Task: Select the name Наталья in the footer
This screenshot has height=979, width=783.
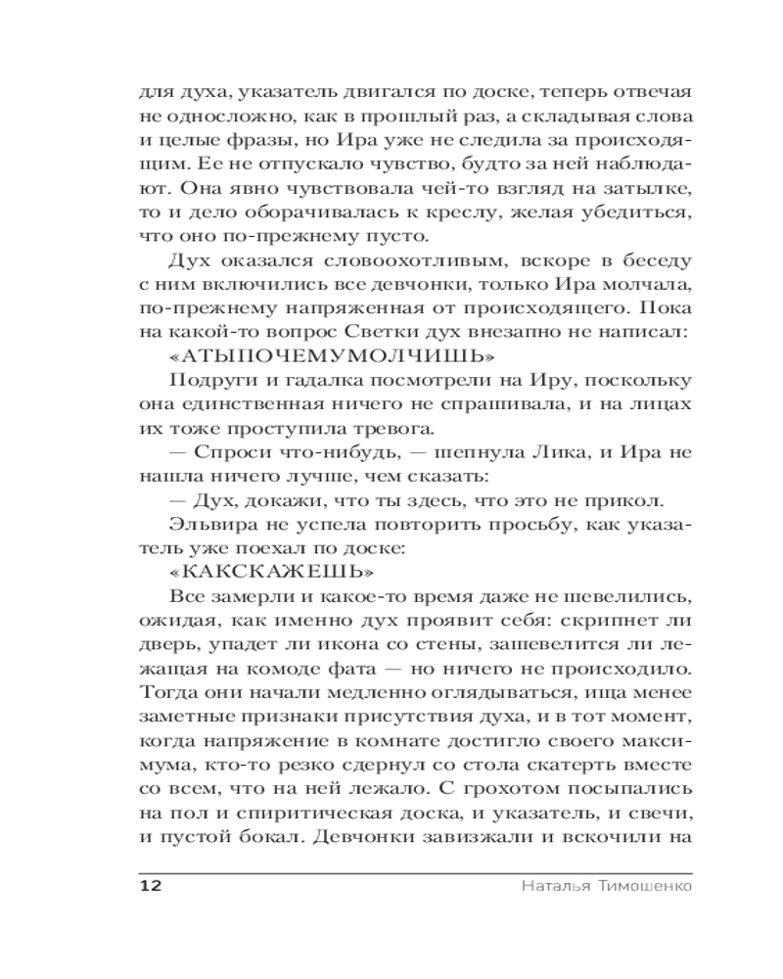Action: click(x=549, y=886)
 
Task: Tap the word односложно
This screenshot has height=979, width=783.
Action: click(x=225, y=115)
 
